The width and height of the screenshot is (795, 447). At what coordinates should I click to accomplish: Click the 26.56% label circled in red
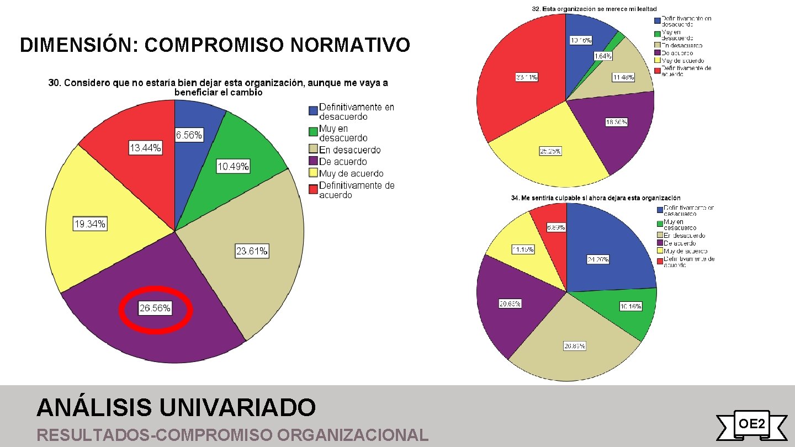[x=155, y=308]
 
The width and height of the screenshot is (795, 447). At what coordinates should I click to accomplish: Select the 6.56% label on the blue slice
[x=189, y=135]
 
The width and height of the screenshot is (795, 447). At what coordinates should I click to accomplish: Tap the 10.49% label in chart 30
[x=233, y=167]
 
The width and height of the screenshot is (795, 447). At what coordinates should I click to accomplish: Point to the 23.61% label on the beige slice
[x=252, y=252]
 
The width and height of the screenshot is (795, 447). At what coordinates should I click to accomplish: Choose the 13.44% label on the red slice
[x=146, y=148]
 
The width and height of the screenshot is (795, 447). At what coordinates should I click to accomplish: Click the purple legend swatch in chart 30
[x=313, y=162]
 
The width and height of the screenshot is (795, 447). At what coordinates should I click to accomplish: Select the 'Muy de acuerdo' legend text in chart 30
[x=351, y=174]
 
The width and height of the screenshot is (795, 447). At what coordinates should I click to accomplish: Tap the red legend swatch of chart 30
[x=313, y=189]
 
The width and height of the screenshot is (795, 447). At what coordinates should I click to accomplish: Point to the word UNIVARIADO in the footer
[x=237, y=408]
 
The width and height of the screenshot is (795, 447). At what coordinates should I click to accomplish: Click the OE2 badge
[x=751, y=424]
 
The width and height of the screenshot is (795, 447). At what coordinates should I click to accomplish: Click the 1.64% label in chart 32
[x=602, y=56]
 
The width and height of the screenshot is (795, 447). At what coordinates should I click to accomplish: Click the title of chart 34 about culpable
[x=596, y=198]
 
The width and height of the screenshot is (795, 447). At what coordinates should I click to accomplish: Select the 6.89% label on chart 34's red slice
[x=555, y=227]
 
